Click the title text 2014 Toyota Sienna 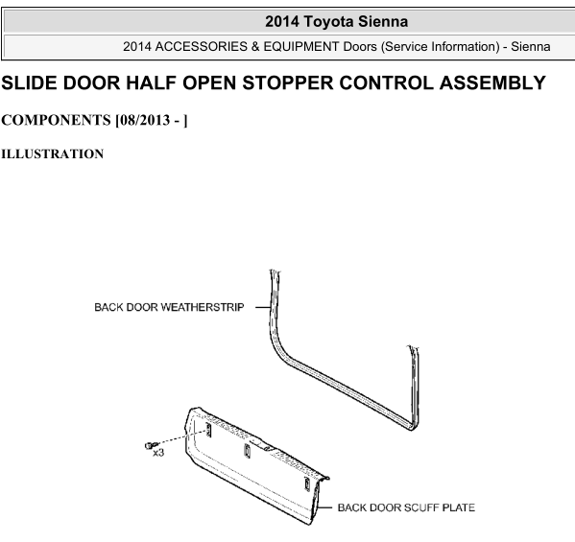tap(336, 21)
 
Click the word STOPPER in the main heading tap(287, 82)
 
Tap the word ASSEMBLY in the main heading tap(492, 82)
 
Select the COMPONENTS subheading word tap(56, 120)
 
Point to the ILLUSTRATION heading tap(53, 153)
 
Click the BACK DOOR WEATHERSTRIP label tap(169, 307)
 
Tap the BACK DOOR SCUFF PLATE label tap(406, 507)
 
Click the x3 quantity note tap(158, 453)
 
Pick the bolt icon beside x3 tap(149, 445)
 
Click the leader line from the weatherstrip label tap(263, 307)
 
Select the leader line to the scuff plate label tap(323, 507)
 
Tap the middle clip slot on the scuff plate tap(247, 450)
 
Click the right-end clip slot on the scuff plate tap(306, 483)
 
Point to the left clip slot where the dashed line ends tap(208, 430)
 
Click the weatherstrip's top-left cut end tap(276, 271)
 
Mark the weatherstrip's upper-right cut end tap(413, 347)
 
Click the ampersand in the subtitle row tap(255, 47)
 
